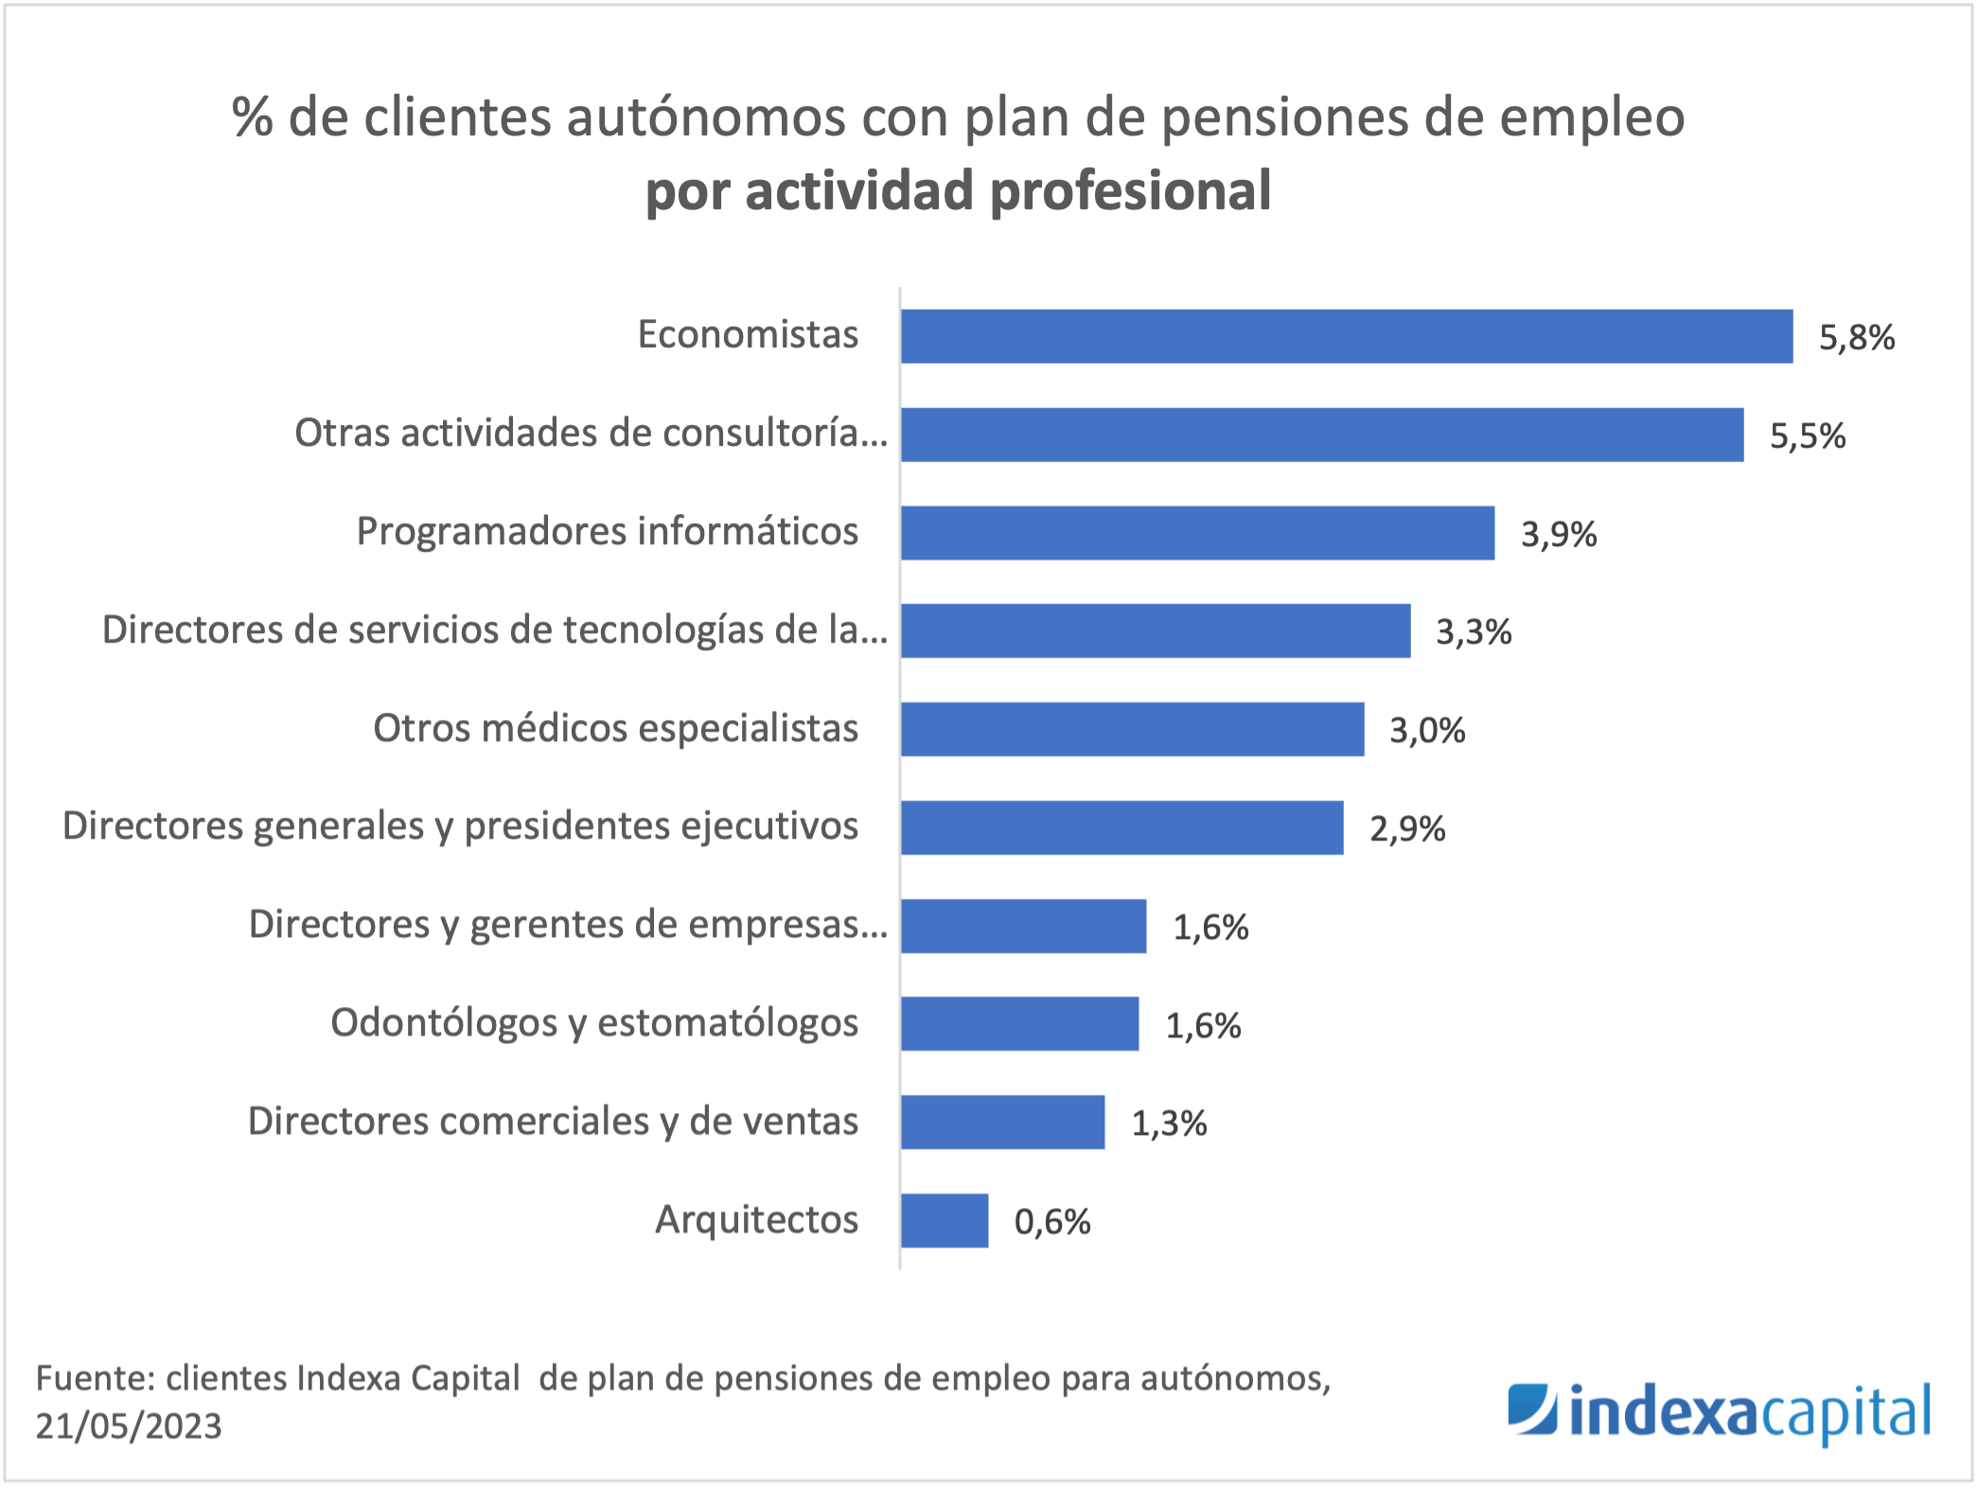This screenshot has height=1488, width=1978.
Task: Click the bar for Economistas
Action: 1346,336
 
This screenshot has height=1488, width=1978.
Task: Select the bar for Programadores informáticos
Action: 1197,533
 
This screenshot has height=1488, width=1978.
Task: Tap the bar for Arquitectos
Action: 945,1220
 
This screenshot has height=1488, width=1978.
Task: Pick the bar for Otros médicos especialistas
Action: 1132,729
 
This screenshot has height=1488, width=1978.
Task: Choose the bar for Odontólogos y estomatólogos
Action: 1019,1023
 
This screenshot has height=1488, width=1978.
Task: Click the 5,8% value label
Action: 1856,338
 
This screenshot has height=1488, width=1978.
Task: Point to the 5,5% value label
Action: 1807,436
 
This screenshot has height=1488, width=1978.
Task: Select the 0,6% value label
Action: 1051,1222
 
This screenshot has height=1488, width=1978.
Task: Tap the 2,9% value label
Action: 1406,829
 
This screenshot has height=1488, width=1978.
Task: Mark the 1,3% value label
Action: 1169,1124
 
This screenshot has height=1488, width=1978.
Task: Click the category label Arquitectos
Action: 756,1219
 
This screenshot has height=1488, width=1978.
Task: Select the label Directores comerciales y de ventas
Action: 553,1121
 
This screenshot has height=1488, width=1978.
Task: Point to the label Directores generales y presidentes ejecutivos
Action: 460,825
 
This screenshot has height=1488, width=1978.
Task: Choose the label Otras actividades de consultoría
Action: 591,433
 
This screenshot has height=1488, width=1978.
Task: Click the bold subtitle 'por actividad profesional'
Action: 958,190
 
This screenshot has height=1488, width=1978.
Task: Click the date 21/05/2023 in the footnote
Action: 129,1426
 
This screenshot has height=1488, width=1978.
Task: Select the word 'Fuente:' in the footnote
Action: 95,1378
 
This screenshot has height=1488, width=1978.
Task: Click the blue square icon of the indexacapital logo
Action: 1532,1409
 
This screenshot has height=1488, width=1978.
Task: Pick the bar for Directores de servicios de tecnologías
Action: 1155,630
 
